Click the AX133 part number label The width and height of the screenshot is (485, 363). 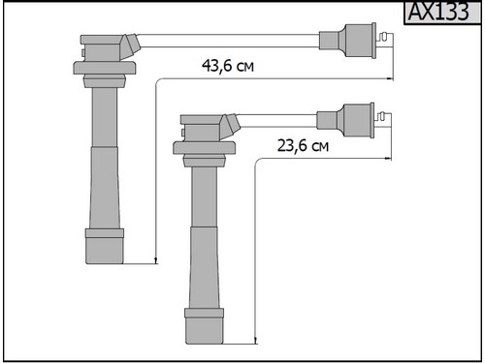pyautogui.click(x=438, y=12)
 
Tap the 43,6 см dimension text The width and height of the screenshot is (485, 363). pyautogui.click(x=228, y=66)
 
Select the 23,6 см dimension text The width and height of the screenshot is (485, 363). pyautogui.click(x=303, y=145)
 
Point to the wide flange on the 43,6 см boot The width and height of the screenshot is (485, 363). pyautogui.click(x=105, y=68)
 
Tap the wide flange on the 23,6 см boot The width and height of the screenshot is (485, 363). pyautogui.click(x=204, y=148)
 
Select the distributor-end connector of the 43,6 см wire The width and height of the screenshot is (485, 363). pyautogui.click(x=348, y=41)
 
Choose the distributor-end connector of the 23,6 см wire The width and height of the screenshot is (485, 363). pyautogui.click(x=345, y=120)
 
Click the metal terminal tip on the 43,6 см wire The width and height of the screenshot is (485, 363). pyautogui.click(x=384, y=41)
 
